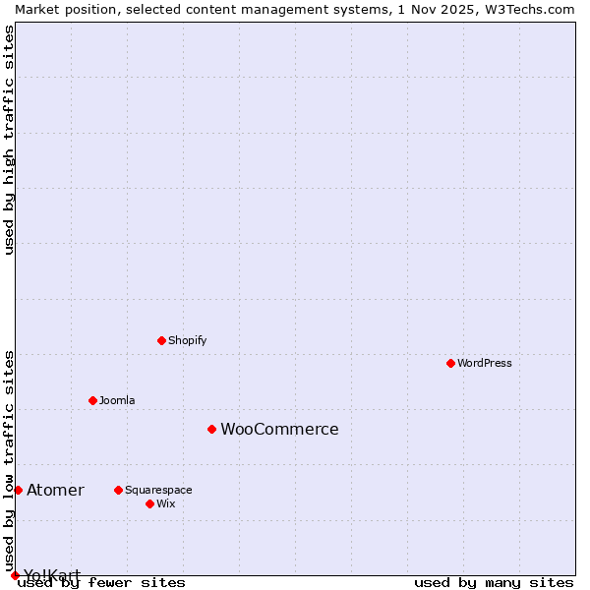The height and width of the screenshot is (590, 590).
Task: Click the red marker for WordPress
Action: click(450, 363)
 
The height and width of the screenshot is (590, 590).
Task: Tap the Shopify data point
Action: click(161, 340)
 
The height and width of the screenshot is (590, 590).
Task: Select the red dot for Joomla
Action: click(92, 400)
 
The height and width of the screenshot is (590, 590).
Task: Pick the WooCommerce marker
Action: click(211, 429)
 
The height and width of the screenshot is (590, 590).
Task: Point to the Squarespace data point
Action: click(118, 490)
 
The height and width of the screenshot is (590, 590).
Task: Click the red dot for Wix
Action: click(149, 503)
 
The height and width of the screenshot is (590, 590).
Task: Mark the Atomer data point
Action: click(18, 490)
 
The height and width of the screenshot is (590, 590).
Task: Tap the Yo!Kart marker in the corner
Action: click(15, 575)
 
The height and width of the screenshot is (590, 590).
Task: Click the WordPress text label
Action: click(485, 363)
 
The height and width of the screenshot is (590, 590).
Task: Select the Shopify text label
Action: click(187, 340)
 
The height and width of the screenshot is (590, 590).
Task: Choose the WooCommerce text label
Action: click(279, 429)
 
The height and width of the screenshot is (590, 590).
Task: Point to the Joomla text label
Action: click(117, 400)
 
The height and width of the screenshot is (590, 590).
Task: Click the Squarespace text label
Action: click(158, 490)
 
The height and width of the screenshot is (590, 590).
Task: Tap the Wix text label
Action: click(166, 503)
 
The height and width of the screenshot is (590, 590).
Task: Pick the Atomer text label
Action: click(55, 490)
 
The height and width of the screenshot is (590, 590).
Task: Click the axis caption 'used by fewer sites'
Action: click(102, 582)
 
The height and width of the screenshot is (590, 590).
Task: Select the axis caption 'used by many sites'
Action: click(494, 582)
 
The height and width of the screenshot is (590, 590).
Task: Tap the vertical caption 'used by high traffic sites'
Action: click(9, 140)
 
